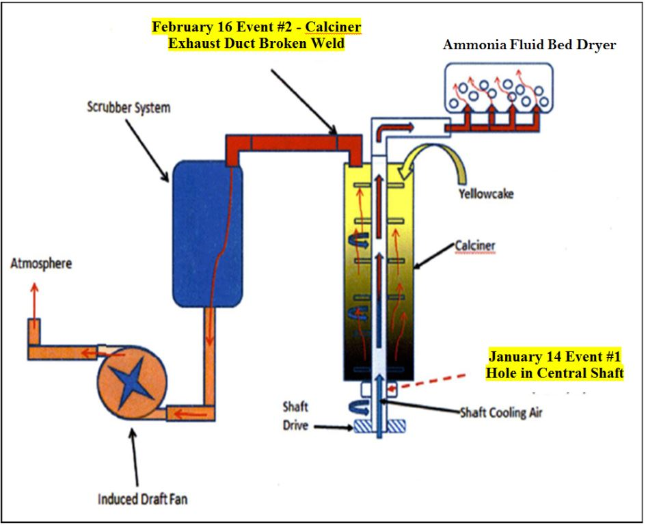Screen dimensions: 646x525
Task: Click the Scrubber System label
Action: pyautogui.click(x=129, y=107)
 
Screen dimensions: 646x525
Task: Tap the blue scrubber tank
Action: pyautogui.click(x=207, y=234)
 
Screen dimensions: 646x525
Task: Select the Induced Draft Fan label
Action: pyautogui.click(x=143, y=499)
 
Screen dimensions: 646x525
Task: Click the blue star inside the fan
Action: pyautogui.click(x=132, y=383)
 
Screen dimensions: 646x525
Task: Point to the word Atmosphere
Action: pyautogui.click(x=41, y=263)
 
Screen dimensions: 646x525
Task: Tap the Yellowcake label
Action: pyautogui.click(x=487, y=193)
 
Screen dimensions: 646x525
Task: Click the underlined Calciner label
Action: pyautogui.click(x=475, y=245)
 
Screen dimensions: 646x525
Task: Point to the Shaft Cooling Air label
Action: pyautogui.click(x=501, y=412)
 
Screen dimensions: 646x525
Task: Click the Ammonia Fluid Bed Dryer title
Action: pyautogui.click(x=529, y=44)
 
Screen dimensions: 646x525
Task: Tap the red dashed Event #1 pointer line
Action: pyautogui.click(x=432, y=381)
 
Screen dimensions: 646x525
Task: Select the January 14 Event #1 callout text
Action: pyautogui.click(x=554, y=365)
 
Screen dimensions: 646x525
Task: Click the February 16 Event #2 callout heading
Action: pyautogui.click(x=256, y=35)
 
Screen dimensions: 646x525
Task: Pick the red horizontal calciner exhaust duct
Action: pyautogui.click(x=294, y=143)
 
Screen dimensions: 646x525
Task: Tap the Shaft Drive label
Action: pyautogui.click(x=295, y=416)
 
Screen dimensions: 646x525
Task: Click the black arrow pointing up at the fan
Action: pyautogui.click(x=134, y=457)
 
